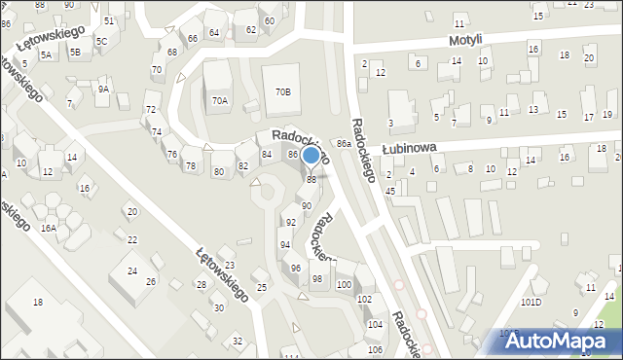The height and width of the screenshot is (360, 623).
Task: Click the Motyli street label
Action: (465, 40)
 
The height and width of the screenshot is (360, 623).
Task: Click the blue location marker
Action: (311, 156)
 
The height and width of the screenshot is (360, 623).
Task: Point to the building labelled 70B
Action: (282, 91)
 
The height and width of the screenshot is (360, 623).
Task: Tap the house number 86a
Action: (344, 143)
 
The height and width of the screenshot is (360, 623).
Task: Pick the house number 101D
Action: (531, 302)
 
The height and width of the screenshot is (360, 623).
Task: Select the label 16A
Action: (48, 228)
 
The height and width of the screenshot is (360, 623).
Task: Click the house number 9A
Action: (102, 89)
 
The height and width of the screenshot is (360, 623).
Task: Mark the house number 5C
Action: (101, 42)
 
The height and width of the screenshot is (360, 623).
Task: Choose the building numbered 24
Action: (132, 271)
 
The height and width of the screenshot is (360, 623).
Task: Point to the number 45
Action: (389, 191)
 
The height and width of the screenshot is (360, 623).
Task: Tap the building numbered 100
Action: (344, 284)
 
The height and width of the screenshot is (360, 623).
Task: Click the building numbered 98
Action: (316, 279)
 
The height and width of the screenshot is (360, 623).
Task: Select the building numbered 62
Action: (251, 29)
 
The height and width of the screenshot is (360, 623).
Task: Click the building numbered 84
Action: (267, 155)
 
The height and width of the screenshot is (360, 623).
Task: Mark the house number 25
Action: (261, 287)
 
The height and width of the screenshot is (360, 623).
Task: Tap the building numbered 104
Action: (375, 324)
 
